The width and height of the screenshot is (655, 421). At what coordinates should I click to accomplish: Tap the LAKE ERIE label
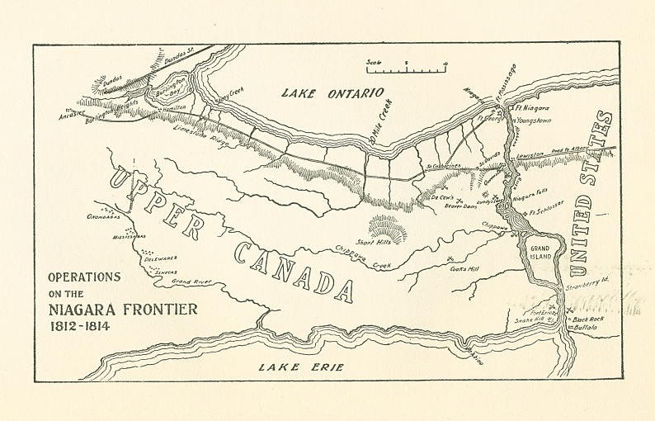[x=300, y=367]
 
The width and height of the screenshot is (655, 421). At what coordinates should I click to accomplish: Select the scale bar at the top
[x=406, y=66]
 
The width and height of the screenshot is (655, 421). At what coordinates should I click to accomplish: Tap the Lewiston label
[x=531, y=155]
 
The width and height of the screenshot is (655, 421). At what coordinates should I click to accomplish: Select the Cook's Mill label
[x=465, y=269]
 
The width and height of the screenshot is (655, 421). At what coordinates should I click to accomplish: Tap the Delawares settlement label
[x=160, y=258]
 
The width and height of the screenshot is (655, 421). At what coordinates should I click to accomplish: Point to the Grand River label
[x=191, y=281]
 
